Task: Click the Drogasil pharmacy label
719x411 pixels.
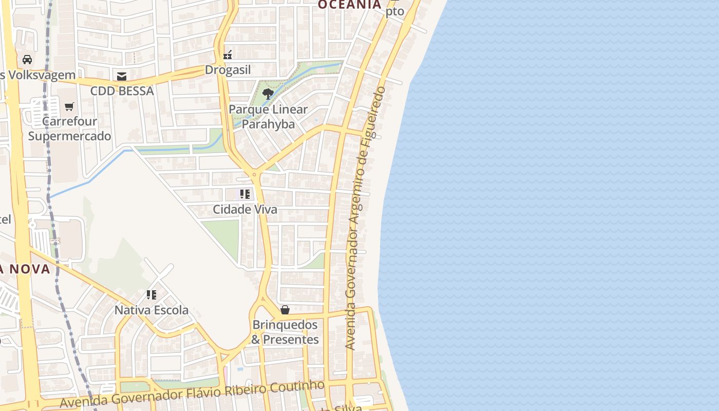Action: (228, 70)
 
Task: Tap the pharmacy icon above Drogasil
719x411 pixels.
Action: (228, 54)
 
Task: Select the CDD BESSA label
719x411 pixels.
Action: (122, 91)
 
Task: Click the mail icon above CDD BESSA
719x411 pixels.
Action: (122, 76)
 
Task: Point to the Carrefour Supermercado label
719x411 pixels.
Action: (69, 129)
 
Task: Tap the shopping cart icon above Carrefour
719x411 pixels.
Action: (69, 106)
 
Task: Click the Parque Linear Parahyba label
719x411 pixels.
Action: (268, 117)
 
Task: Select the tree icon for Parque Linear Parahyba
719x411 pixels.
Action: (268, 94)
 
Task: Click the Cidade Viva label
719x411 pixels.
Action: (245, 209)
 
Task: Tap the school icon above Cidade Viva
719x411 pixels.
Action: (245, 194)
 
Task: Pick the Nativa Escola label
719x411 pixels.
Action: (151, 310)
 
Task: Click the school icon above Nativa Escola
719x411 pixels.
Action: (151, 295)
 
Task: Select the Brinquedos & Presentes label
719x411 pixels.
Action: (285, 332)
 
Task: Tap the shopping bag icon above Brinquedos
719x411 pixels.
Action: (285, 310)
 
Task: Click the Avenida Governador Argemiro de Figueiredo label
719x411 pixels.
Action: (365, 218)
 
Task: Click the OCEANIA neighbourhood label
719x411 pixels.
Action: (349, 5)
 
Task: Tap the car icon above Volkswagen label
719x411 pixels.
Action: (27, 60)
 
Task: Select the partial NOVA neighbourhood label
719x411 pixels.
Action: (25, 269)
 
